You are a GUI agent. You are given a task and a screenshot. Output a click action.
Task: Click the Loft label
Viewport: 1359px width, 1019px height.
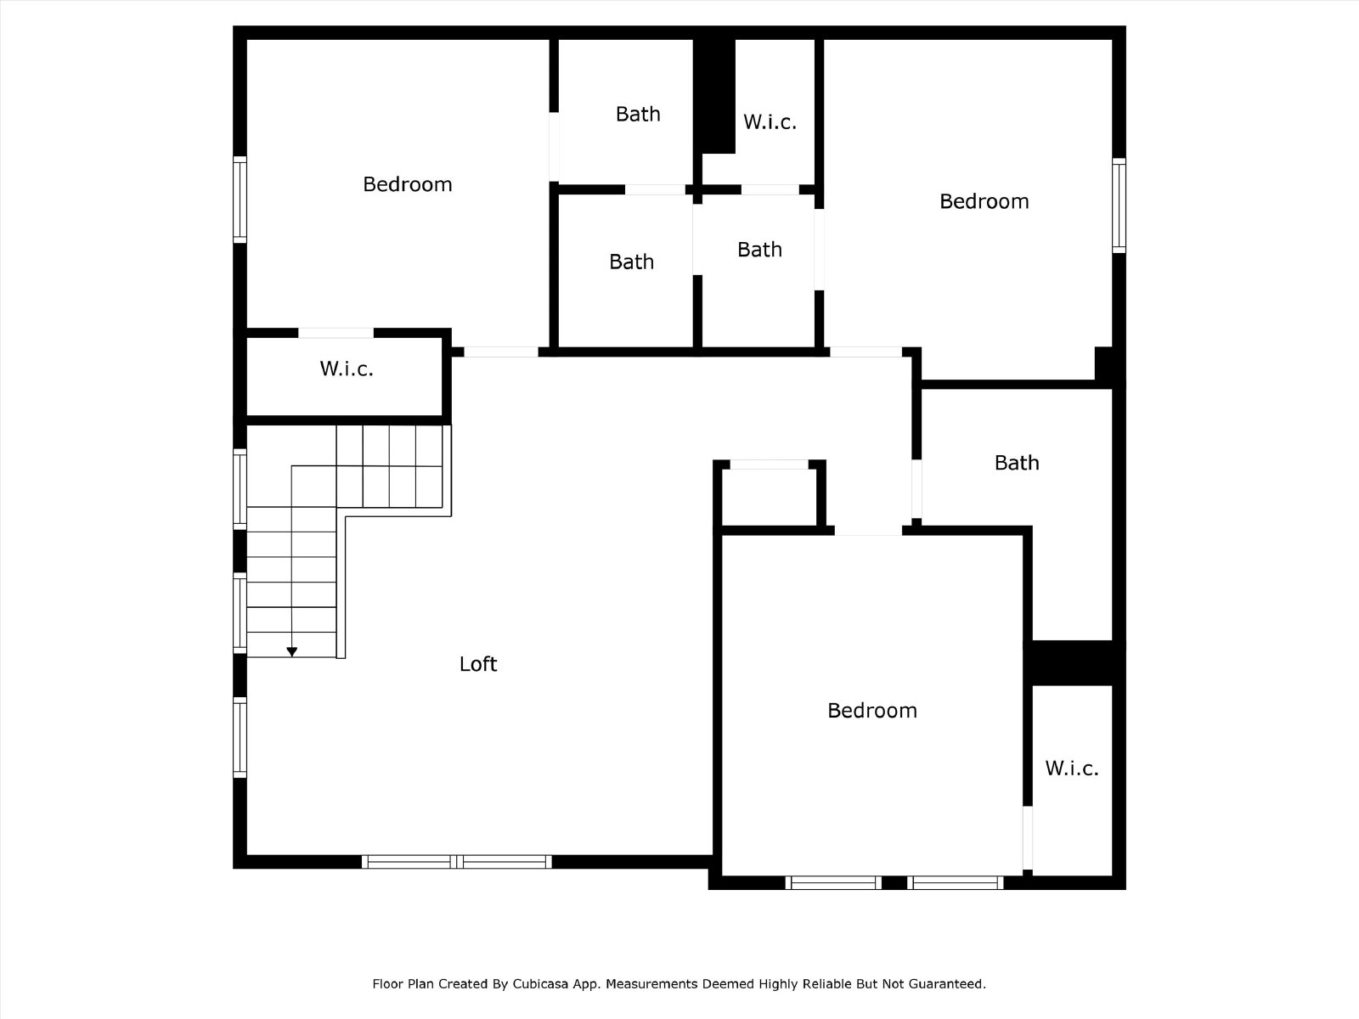pyautogui.click(x=478, y=664)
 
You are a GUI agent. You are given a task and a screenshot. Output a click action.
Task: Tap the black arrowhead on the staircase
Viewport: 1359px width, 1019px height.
pyautogui.click(x=291, y=651)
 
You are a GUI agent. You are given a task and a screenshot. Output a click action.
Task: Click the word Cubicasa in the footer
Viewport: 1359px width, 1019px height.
pyautogui.click(x=540, y=983)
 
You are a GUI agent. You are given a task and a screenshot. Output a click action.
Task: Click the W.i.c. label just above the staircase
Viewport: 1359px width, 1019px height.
pyautogui.click(x=346, y=369)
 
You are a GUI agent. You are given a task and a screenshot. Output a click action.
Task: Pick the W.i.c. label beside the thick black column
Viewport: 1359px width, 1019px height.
pyautogui.click(x=770, y=122)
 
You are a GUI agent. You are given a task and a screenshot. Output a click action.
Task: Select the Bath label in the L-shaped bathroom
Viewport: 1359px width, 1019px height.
pyautogui.click(x=1017, y=463)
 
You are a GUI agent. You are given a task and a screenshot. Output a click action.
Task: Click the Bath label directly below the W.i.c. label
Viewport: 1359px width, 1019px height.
pyautogui.click(x=759, y=250)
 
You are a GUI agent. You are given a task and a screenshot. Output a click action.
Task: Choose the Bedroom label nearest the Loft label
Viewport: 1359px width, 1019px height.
pyautogui.click(x=871, y=710)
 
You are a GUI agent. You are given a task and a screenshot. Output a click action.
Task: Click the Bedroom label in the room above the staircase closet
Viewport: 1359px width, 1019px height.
pyautogui.click(x=408, y=184)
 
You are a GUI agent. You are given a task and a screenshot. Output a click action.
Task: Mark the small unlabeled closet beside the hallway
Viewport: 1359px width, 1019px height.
pyautogui.click(x=769, y=497)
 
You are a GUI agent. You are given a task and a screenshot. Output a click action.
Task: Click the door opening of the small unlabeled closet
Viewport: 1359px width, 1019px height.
pyautogui.click(x=769, y=464)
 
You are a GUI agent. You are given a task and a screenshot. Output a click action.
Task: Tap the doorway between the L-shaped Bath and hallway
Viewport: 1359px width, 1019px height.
pyautogui.click(x=916, y=489)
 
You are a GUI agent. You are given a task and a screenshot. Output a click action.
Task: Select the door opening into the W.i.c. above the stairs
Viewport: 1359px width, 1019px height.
pyautogui.click(x=336, y=333)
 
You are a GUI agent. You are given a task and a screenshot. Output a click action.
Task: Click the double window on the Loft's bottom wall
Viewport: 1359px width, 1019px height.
pyautogui.click(x=457, y=862)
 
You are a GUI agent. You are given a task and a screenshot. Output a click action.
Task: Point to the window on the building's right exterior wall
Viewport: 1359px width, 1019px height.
pyautogui.click(x=1119, y=205)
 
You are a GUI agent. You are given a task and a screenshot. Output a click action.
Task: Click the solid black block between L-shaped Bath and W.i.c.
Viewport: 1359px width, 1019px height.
pyautogui.click(x=1074, y=663)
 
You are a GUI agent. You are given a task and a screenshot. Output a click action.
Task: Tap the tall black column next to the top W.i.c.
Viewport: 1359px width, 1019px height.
pyautogui.click(x=713, y=96)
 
